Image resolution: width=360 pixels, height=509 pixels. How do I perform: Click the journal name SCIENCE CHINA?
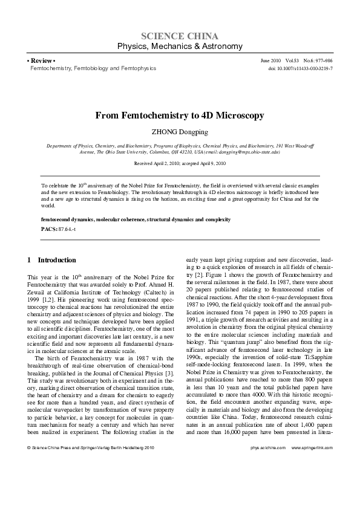180,36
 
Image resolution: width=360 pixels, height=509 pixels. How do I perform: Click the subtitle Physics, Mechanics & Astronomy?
180,47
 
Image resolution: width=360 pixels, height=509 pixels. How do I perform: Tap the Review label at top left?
41,61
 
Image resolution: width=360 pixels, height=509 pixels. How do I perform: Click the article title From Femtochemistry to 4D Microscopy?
180,115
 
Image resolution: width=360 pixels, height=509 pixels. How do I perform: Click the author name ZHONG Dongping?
180,131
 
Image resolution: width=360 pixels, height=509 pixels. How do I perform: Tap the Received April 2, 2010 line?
180,164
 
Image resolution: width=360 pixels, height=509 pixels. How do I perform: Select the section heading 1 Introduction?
52,260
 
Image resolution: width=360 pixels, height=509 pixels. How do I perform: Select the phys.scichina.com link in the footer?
267,482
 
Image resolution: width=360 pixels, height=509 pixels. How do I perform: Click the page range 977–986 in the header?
321,61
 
